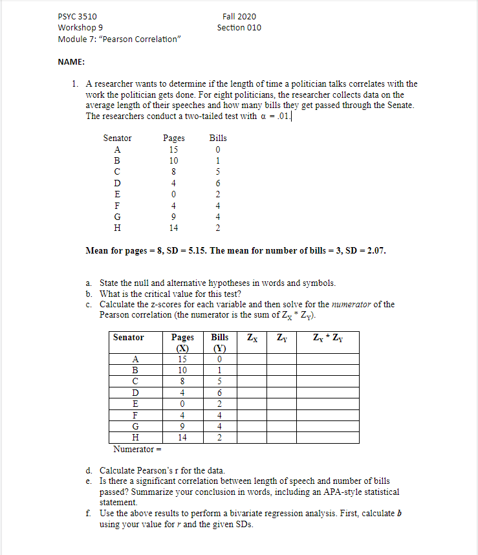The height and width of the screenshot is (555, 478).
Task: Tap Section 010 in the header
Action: tap(239, 27)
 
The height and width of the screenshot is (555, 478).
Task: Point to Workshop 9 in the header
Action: tap(80, 27)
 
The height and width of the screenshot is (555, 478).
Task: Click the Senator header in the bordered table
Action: tap(128, 337)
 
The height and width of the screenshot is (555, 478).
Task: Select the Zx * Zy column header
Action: tap(328, 337)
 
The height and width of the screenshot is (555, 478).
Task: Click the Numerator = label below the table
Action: tap(136, 449)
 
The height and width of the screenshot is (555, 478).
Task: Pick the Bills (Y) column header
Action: tap(220, 342)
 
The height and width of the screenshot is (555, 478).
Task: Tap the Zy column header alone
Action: tap(282, 337)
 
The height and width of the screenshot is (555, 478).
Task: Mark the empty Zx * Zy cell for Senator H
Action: tap(328, 437)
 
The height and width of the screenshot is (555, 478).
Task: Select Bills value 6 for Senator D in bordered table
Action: tap(220, 393)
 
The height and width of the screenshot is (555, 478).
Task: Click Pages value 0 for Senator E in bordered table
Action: tap(182, 404)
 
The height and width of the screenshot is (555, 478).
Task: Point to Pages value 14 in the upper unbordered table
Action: tap(173, 228)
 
